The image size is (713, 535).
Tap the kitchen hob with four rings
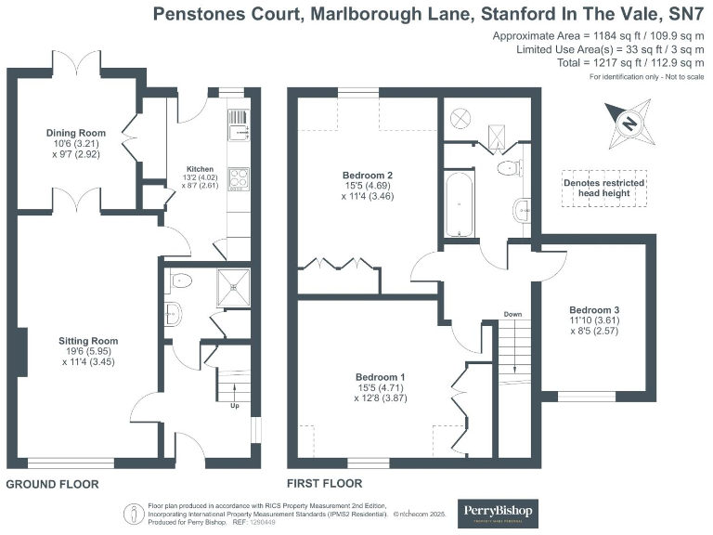click(x=237, y=176)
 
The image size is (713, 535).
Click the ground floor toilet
click(x=178, y=280)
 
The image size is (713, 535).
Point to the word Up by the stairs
click(x=235, y=405)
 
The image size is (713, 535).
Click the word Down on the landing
click(x=512, y=315)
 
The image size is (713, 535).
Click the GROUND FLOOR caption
click(x=52, y=485)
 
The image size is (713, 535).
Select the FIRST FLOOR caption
click(x=325, y=484)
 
